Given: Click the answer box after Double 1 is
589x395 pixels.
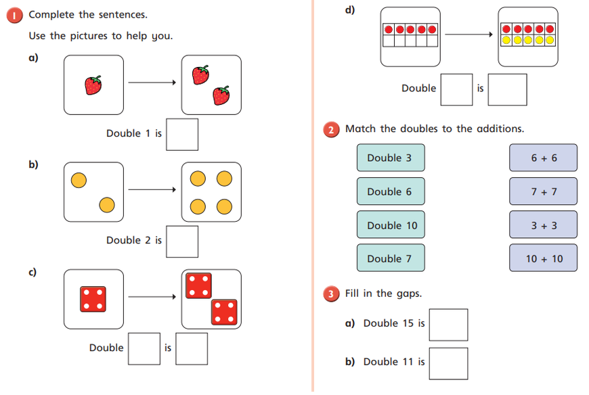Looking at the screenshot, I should pos(182,134).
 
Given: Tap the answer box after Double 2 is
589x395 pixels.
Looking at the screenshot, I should pos(182,241).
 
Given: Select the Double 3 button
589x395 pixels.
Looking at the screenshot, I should pos(391,158).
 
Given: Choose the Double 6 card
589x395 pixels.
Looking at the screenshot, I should pos(391,191).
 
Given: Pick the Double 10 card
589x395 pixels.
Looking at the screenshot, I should pos(391,225).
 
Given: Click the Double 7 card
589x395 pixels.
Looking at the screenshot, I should pos(391,258).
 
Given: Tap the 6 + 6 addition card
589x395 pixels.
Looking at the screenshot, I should pos(543,158).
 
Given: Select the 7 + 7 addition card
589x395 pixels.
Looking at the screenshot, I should pos(543,191).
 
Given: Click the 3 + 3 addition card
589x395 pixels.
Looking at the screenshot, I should pos(543,225).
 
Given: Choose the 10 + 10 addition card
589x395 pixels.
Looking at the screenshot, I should pos(543,258).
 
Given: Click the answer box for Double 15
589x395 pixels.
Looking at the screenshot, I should pos(448,325).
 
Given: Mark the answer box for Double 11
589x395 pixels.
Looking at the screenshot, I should pos(448,363).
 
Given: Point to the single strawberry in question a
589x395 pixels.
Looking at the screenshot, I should pos(93,85).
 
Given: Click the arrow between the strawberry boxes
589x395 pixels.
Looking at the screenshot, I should pos(152,83).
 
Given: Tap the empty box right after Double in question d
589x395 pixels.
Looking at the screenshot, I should pos(456,89).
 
